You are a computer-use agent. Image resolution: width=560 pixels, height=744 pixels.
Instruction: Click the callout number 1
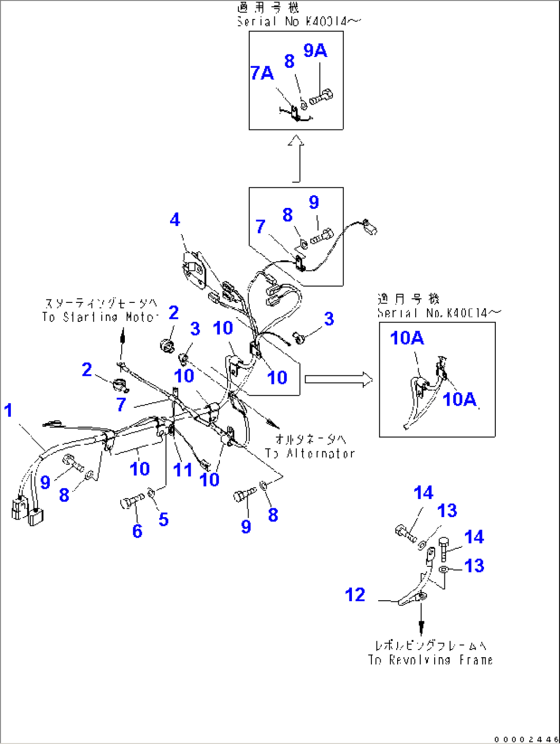pos(8,411)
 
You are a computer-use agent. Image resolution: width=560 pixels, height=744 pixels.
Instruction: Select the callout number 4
pos(175,220)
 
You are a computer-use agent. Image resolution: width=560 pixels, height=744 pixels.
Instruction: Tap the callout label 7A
pos(262,73)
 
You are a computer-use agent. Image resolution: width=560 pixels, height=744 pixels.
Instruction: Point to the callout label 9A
pos(315,50)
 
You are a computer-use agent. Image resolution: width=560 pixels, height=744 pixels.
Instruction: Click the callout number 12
pos(355,595)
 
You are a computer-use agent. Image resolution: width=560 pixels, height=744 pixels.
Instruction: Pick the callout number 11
pos(182,469)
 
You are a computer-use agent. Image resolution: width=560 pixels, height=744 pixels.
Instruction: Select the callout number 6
pos(137,530)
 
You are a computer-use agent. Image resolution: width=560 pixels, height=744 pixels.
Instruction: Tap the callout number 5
pos(163,519)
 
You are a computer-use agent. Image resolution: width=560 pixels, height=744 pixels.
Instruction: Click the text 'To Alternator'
pos(310,453)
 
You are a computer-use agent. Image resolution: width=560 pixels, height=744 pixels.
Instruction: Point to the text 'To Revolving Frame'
pos(430,660)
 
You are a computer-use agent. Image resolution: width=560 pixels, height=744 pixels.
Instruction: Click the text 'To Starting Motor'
pos(99,317)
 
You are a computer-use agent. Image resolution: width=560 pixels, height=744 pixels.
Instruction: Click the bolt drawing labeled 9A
pos(321,97)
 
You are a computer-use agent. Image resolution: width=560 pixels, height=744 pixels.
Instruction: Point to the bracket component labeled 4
pos(194,270)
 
